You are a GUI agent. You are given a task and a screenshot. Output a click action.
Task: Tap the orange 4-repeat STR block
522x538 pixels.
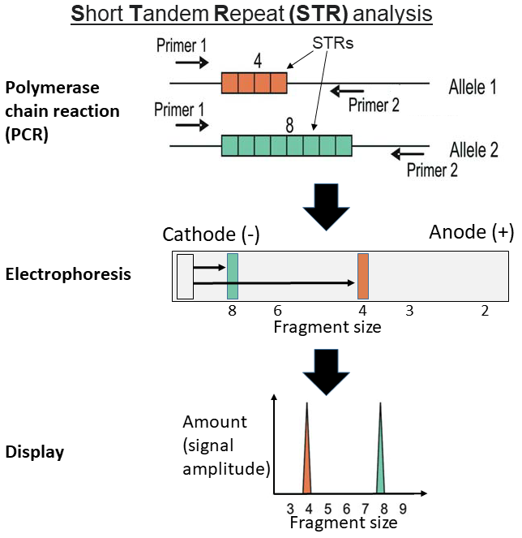tap(254, 83)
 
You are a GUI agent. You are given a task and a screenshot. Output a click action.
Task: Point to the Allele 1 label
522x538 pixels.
tap(473, 88)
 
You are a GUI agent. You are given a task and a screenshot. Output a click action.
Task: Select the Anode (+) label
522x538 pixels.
tap(471, 232)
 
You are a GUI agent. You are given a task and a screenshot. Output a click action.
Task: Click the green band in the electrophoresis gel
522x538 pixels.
tap(233, 277)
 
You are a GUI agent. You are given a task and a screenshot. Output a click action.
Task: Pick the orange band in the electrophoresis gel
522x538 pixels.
tap(363, 277)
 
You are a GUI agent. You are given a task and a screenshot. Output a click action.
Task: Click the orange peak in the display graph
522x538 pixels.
tap(307, 454)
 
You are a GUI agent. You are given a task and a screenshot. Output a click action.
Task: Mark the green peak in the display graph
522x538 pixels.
tap(380, 454)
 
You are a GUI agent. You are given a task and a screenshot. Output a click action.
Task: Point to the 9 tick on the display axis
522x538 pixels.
tap(402, 508)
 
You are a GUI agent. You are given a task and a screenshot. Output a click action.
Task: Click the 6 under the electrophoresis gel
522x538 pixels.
tap(277, 311)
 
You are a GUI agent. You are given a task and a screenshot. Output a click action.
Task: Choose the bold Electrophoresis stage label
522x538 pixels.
tap(68, 273)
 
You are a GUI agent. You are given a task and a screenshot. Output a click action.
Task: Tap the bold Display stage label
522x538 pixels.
tap(35, 450)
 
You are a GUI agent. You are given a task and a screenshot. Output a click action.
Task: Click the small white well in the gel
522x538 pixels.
tap(184, 277)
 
